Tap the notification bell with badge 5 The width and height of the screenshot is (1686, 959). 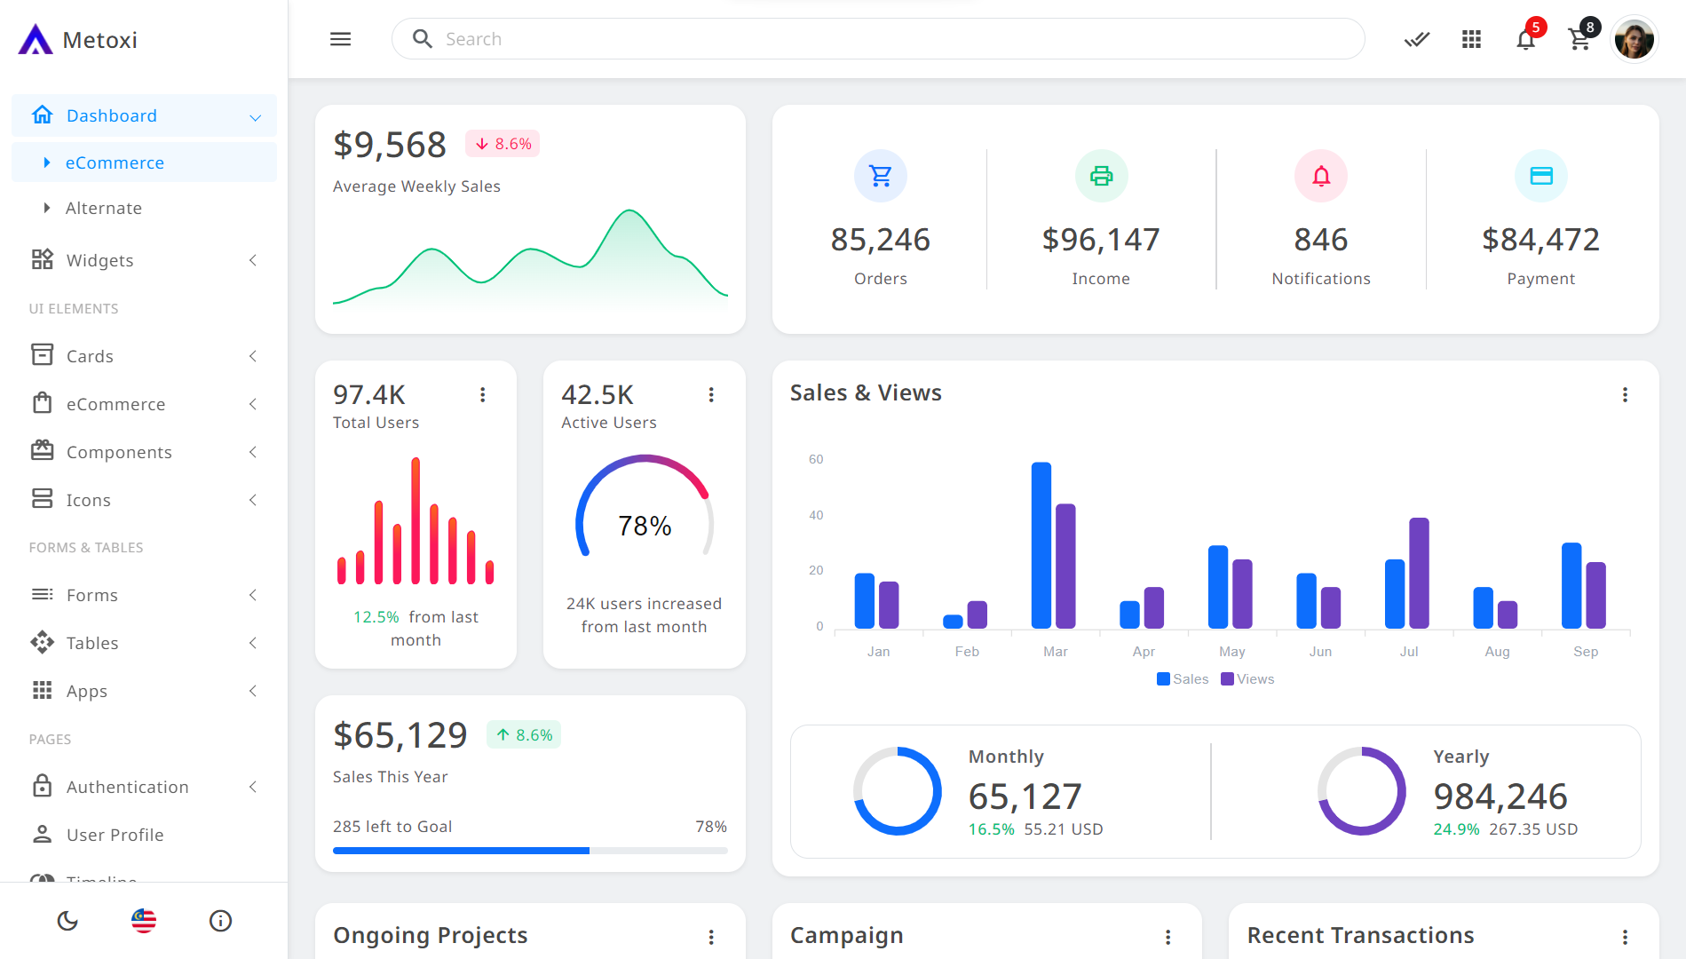[x=1525, y=39]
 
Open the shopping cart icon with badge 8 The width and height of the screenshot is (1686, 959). [x=1579, y=39]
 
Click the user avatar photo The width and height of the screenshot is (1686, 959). [x=1634, y=40]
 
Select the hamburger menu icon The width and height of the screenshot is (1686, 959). [x=341, y=39]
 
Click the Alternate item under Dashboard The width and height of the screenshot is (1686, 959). [x=104, y=208]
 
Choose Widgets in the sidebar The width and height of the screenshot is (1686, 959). [x=100, y=260]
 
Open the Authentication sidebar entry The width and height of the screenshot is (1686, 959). [x=128, y=787]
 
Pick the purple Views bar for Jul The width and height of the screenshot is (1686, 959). [x=1419, y=573]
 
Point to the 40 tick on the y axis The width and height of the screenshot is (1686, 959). [x=816, y=515]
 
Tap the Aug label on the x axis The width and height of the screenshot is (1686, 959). [x=1497, y=652]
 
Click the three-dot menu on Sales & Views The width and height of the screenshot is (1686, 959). [x=1625, y=394]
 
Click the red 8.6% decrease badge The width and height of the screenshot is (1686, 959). [x=503, y=144]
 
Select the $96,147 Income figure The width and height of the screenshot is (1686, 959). [x=1101, y=240]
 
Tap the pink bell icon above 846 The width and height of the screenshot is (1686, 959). [x=1321, y=176]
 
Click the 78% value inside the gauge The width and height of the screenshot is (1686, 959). [x=645, y=526]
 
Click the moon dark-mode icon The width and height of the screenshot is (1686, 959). [x=67, y=921]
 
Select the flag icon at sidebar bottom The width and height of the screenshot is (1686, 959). [x=144, y=921]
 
